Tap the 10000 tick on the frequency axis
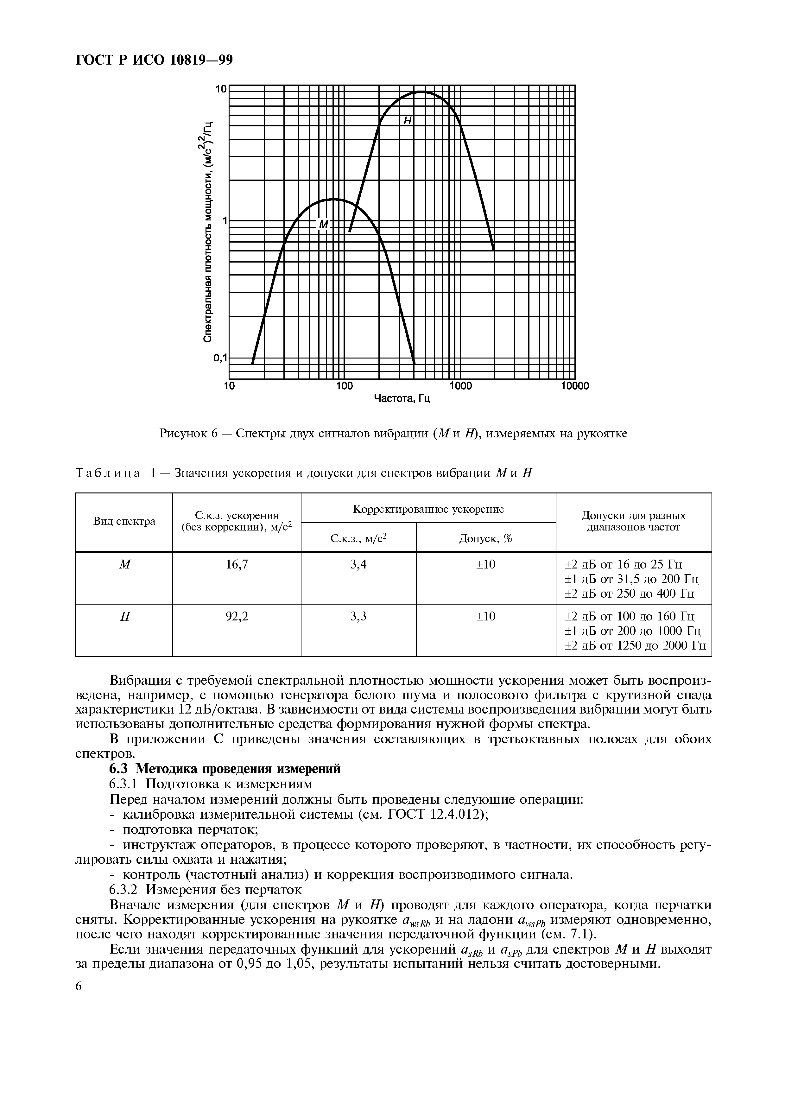pos(575,386)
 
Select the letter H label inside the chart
pos(407,121)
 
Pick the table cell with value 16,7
pos(237,564)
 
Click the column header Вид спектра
pos(124,521)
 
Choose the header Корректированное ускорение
pos(428,509)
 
